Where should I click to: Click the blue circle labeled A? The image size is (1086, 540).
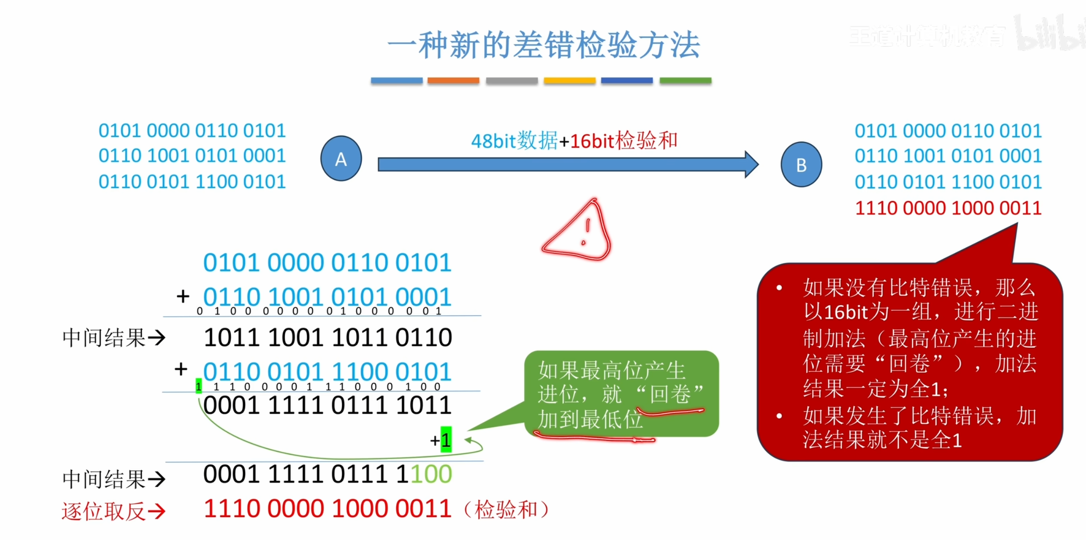[341, 159]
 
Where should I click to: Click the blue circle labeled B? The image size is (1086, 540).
[801, 165]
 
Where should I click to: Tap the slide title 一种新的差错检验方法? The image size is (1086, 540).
[543, 45]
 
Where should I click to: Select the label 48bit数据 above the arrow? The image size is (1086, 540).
[514, 141]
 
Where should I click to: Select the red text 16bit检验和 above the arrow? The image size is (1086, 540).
[624, 141]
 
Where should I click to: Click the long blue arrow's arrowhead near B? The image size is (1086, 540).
[751, 164]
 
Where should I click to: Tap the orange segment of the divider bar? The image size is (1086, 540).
[453, 80]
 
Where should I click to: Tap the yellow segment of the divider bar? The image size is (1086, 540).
[569, 80]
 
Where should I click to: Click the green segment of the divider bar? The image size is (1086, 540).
[685, 80]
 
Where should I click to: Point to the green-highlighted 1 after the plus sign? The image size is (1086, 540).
[446, 440]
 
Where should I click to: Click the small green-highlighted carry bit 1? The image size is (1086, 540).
[198, 386]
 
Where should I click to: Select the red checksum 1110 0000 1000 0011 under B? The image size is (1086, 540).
[948, 208]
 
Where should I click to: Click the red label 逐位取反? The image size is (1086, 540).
[103, 511]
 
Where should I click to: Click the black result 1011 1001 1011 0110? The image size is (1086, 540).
[327, 337]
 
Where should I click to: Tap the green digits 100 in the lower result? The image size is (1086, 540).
[431, 474]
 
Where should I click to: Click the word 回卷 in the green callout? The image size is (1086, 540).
[670, 394]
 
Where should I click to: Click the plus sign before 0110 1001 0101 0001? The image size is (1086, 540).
[183, 296]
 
